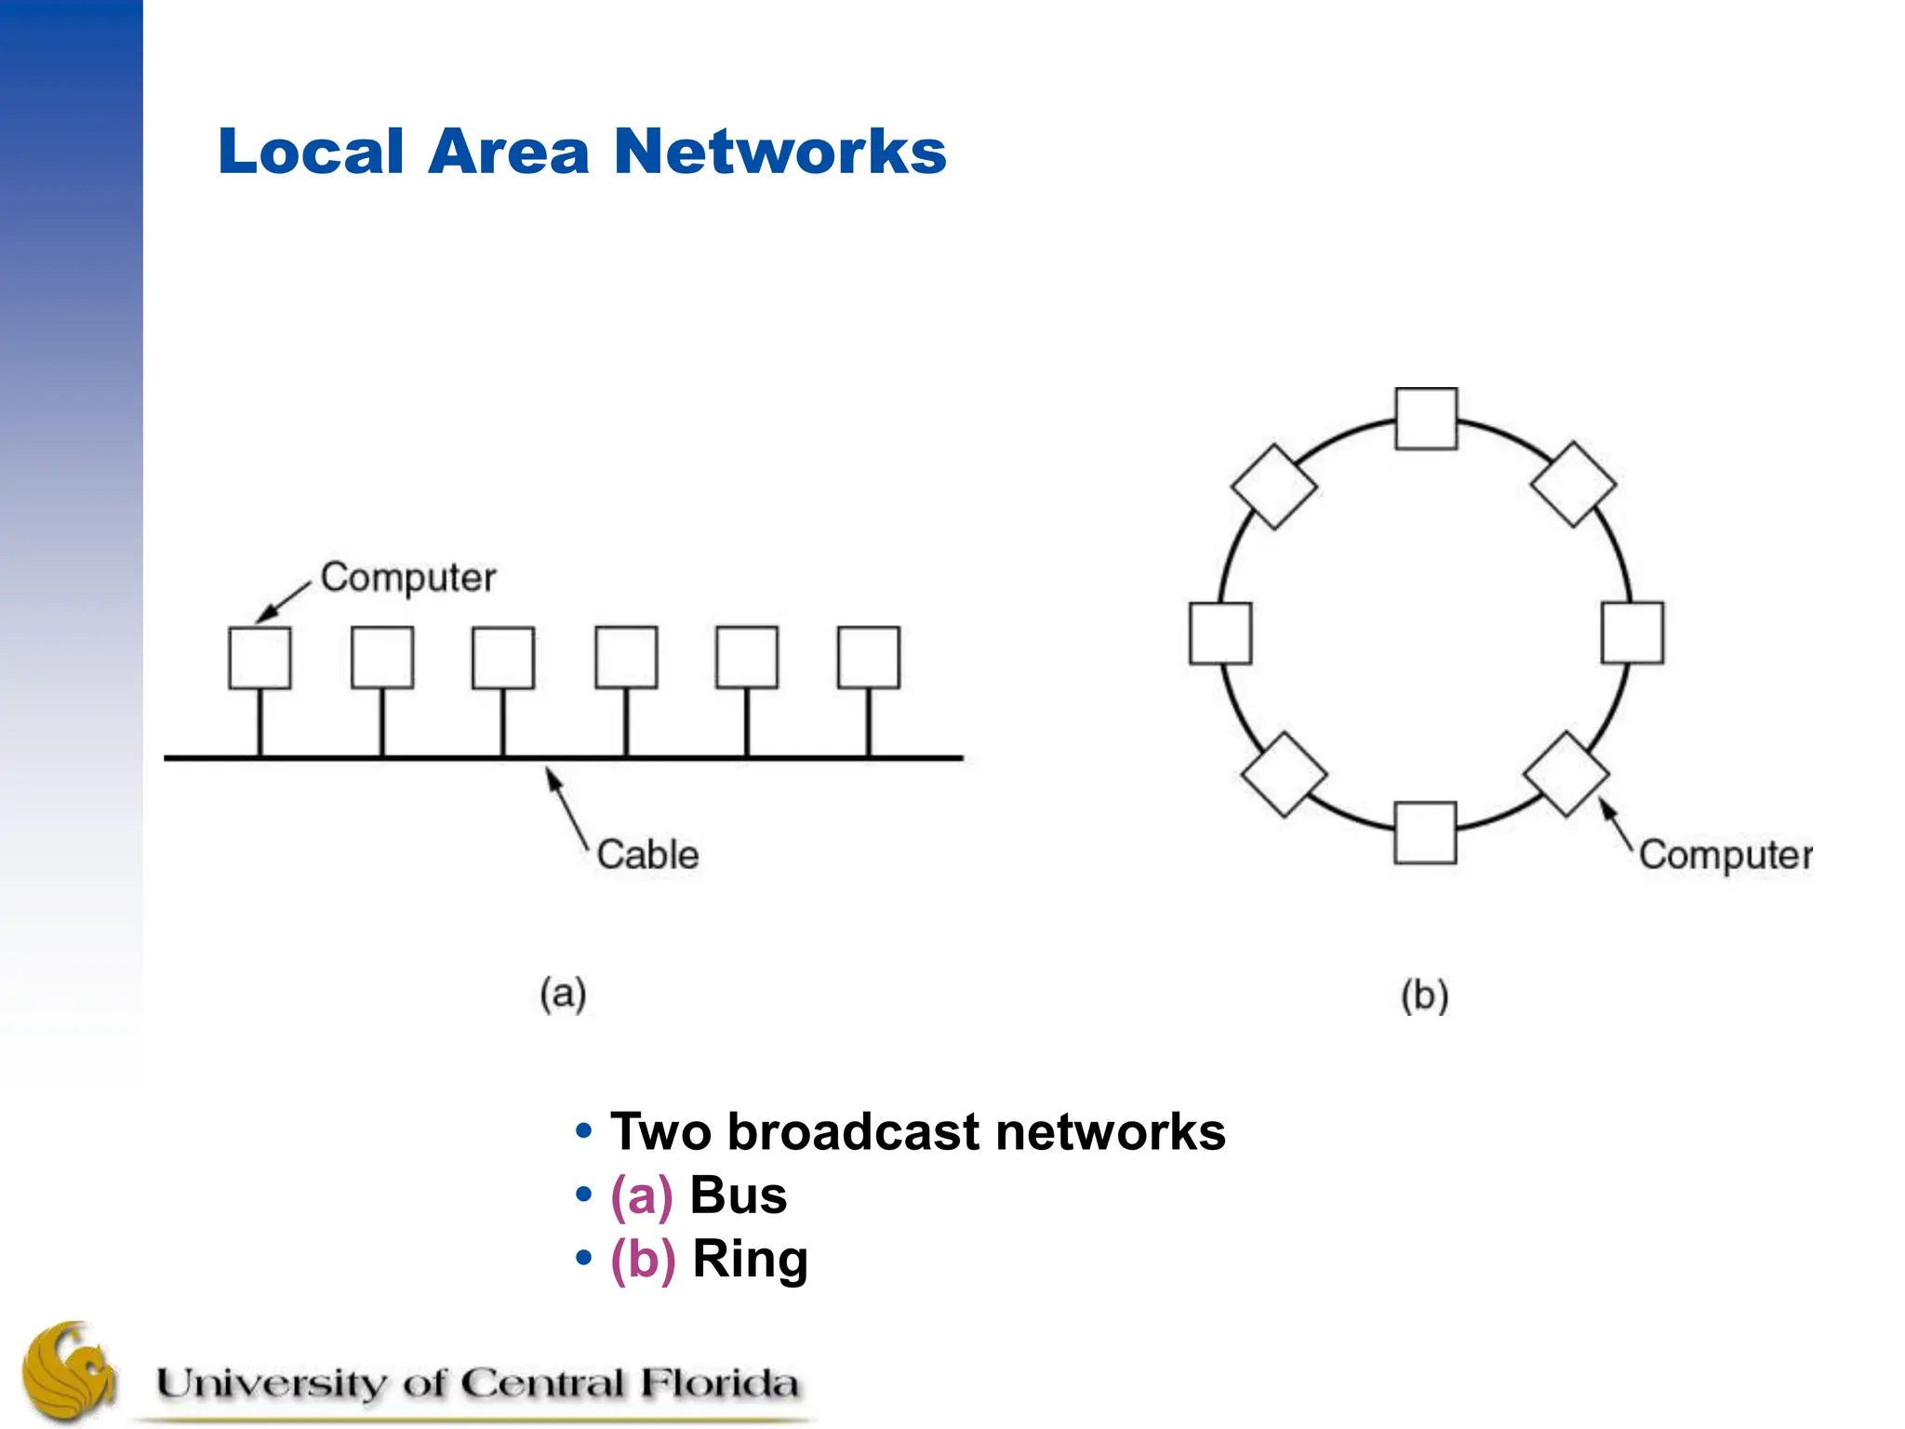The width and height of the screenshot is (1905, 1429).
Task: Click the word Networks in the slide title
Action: pyautogui.click(x=779, y=152)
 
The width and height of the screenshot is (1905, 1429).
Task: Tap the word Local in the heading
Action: pyautogui.click(x=311, y=152)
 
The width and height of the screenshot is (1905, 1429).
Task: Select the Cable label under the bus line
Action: pyautogui.click(x=647, y=855)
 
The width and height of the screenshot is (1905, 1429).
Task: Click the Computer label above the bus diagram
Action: pyautogui.click(x=407, y=579)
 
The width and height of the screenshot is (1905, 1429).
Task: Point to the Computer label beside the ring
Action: pyautogui.click(x=1725, y=855)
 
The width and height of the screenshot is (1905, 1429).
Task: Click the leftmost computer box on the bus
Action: pyautogui.click(x=260, y=658)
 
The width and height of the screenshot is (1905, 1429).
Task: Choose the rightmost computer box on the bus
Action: pyautogui.click(x=869, y=658)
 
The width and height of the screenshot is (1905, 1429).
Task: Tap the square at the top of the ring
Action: pyautogui.click(x=1426, y=419)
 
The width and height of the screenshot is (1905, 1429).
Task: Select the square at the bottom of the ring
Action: pyautogui.click(x=1425, y=833)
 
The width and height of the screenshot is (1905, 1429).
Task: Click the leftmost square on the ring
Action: pyautogui.click(x=1220, y=634)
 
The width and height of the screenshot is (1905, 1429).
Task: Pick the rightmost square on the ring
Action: pyautogui.click(x=1632, y=633)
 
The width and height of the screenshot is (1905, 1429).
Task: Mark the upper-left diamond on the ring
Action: pyautogui.click(x=1273, y=487)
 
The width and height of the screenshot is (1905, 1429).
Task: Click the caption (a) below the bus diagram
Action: pyautogui.click(x=563, y=994)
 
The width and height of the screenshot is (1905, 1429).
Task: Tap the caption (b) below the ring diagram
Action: pyautogui.click(x=1424, y=995)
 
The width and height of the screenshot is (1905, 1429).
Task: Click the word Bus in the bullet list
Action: pyautogui.click(x=738, y=1195)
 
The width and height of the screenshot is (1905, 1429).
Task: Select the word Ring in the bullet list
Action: pyautogui.click(x=750, y=1260)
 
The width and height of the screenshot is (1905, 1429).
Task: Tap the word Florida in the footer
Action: pyautogui.click(x=718, y=1383)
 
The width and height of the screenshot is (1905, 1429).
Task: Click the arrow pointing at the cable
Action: pyautogui.click(x=566, y=806)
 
